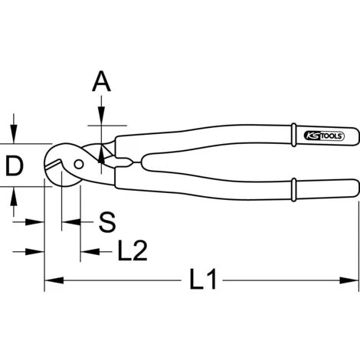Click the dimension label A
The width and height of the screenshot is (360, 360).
pyautogui.click(x=101, y=81)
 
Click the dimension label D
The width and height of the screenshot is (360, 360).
pyautogui.click(x=15, y=166)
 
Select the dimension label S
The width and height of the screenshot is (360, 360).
pyautogui.click(x=107, y=222)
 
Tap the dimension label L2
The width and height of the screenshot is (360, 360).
pyautogui.click(x=133, y=250)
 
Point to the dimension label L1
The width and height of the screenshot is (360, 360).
pyautogui.click(x=203, y=279)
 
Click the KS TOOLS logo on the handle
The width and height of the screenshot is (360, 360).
pyautogui.click(x=324, y=136)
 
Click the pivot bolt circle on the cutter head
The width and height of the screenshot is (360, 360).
pyautogui.click(x=79, y=164)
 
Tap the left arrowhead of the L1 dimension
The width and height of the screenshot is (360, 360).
pyautogui.click(x=54, y=280)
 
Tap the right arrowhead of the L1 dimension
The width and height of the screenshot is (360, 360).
pyautogui.click(x=349, y=280)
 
